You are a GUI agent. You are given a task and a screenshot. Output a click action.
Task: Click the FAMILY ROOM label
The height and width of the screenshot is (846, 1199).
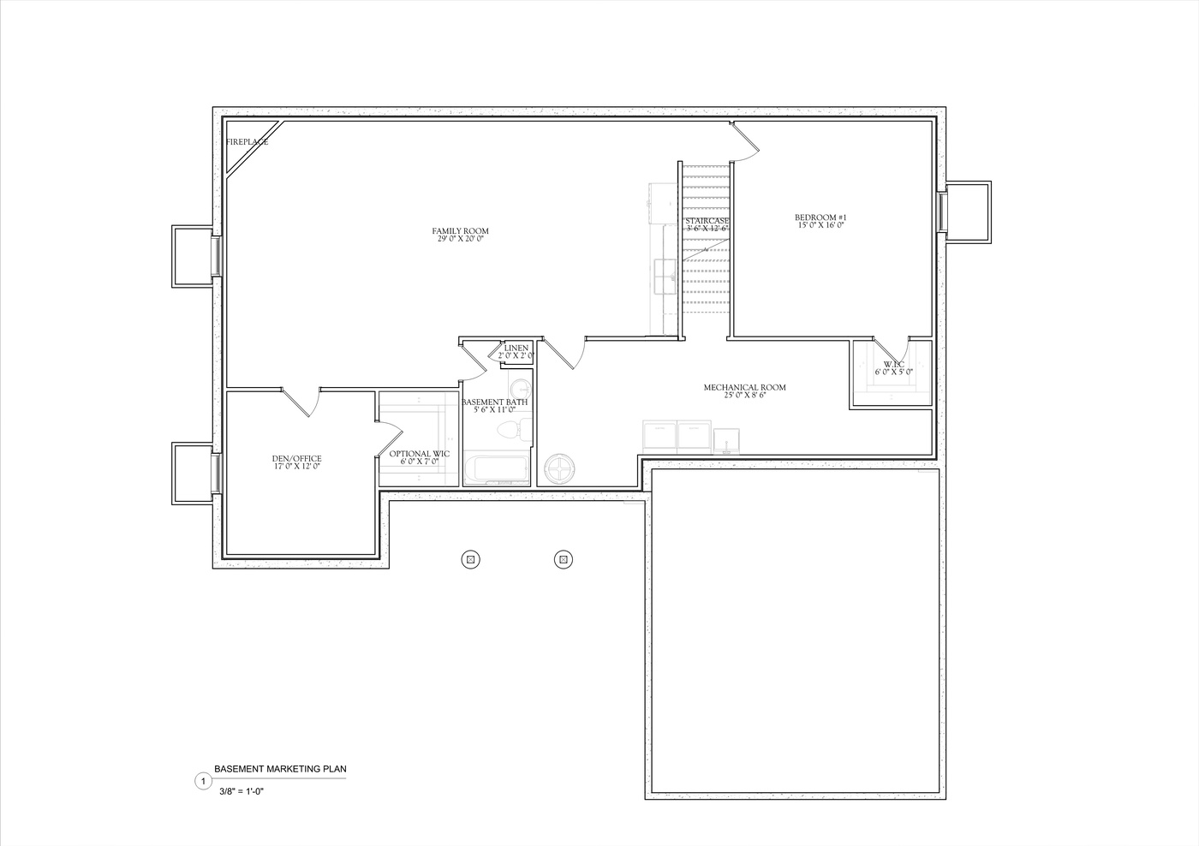coord(460,231)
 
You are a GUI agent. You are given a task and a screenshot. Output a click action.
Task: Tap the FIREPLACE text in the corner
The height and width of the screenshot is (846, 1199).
coord(247,142)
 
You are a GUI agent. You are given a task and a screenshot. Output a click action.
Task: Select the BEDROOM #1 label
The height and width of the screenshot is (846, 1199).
coord(820,218)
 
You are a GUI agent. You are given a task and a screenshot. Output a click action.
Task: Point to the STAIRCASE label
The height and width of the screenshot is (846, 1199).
coord(707,221)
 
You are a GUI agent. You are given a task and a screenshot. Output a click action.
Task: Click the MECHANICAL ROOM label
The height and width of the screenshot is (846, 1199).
coord(744,388)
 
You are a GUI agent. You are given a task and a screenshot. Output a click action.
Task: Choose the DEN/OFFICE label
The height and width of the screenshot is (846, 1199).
coord(296,459)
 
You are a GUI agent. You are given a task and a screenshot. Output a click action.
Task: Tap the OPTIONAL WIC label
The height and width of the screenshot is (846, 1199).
coord(420,454)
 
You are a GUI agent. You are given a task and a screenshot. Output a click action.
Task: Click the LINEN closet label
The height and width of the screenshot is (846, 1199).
coord(516,349)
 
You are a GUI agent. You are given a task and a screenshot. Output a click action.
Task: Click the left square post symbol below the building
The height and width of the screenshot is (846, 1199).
coord(469,560)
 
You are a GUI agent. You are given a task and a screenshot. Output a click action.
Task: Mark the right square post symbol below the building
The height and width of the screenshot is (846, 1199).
coord(564,560)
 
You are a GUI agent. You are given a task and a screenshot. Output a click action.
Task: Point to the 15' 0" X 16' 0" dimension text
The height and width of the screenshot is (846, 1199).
coord(820,226)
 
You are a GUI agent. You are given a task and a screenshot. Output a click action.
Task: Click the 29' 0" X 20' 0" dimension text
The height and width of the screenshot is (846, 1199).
coord(460,239)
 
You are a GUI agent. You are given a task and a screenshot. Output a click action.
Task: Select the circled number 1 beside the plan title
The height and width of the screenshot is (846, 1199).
coord(203,781)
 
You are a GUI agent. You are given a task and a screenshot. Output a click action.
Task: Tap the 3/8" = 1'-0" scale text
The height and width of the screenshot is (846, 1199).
coord(241,792)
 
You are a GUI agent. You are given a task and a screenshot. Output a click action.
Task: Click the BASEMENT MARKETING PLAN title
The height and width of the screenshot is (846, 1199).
coord(280,769)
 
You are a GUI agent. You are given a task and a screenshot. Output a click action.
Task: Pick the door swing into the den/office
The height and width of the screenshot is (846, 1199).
coord(301,402)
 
